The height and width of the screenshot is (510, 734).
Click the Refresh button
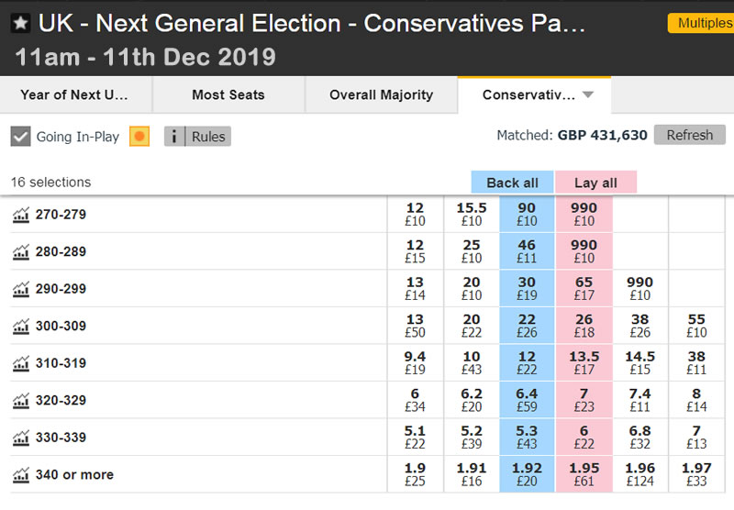pyautogui.click(x=689, y=135)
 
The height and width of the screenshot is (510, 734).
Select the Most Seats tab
pyautogui.click(x=228, y=94)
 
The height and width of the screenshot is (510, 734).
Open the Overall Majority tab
pyautogui.click(x=381, y=94)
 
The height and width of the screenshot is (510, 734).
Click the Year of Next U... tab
pyautogui.click(x=74, y=94)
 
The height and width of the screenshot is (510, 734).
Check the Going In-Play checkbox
pyautogui.click(x=21, y=137)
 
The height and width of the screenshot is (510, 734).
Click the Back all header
pyautogui.click(x=512, y=183)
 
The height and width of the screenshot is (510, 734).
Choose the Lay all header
pyautogui.click(x=595, y=183)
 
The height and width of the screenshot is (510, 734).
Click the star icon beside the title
pyautogui.click(x=20, y=24)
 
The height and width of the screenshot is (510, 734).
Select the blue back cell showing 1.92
pyautogui.click(x=527, y=474)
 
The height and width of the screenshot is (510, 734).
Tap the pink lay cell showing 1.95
pyautogui.click(x=584, y=474)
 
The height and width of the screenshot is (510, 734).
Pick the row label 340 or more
pyautogui.click(x=74, y=474)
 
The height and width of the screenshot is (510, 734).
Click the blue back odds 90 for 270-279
pyautogui.click(x=527, y=214)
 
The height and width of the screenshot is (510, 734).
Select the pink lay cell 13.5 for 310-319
pyautogui.click(x=584, y=362)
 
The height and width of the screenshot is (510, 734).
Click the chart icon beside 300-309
pyautogui.click(x=20, y=327)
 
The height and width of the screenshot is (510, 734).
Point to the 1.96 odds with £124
pyautogui.click(x=640, y=474)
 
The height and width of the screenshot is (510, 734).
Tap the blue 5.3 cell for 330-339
pyautogui.click(x=527, y=437)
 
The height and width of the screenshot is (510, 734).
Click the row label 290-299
pyautogui.click(x=61, y=289)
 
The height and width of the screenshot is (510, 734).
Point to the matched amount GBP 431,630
pyautogui.click(x=602, y=136)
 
